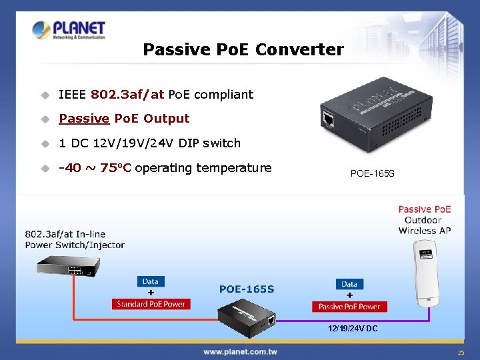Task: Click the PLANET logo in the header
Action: tap(69, 31)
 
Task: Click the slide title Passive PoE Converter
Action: tap(243, 49)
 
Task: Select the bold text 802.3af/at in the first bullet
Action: tap(127, 94)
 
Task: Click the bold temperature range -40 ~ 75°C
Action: tap(95, 168)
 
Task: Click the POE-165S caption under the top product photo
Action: tap(372, 173)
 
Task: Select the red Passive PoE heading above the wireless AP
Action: tap(425, 209)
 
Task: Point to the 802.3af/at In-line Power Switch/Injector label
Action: tap(75, 239)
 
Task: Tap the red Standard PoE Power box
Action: tap(151, 304)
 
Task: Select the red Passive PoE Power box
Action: tap(349, 307)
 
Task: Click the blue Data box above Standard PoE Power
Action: tap(151, 281)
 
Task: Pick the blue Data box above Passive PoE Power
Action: tap(349, 284)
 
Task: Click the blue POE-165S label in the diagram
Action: tap(247, 289)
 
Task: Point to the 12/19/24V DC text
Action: tap(352, 329)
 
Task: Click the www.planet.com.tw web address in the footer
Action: tap(240, 351)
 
